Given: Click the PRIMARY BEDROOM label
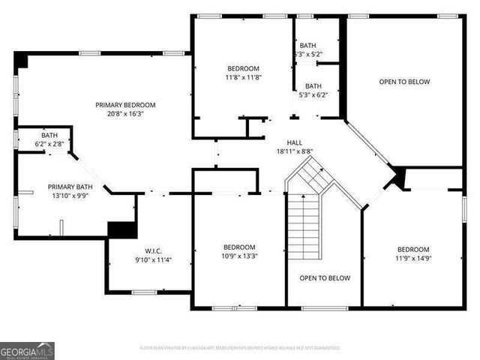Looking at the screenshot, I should tap(125, 105).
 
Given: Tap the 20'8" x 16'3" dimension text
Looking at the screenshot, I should tap(125, 115).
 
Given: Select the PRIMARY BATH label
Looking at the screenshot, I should tap(70, 187).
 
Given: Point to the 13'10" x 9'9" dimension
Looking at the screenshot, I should tap(70, 196).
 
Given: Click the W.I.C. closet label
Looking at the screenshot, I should tap(154, 251).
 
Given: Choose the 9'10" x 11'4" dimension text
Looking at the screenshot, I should tap(154, 260).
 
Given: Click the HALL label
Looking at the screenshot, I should tap(295, 142).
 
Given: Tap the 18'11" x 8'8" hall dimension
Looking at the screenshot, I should tap(295, 151).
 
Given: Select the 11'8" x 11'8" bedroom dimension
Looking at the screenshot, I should tap(242, 77).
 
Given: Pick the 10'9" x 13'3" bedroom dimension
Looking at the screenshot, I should tap(239, 256).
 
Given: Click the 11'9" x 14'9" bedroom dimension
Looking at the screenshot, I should tap(413, 259).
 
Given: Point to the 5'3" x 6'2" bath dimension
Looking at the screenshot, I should tap(313, 95).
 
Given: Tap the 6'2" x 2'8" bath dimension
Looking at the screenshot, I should tap(49, 143).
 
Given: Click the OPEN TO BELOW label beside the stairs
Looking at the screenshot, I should tap(325, 278).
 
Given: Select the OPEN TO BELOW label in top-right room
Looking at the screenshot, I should tap(404, 82).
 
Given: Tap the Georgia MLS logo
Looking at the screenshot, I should tap(27, 350).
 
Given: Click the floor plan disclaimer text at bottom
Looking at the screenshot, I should tap(240, 348).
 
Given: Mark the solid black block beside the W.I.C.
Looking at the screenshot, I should tap(121, 229).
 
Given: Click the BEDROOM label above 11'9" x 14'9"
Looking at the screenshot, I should tap(413, 249).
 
